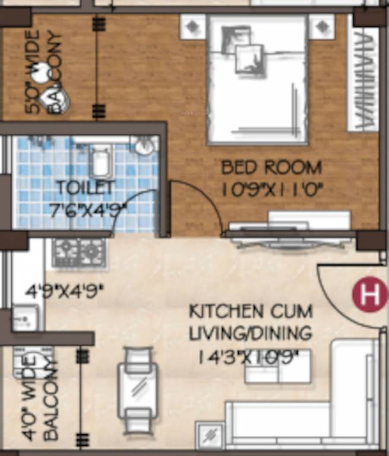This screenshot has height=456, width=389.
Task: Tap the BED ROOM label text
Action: click(271, 167)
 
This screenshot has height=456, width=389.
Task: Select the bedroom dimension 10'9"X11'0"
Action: click(271, 189)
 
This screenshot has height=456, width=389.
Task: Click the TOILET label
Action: click(85, 188)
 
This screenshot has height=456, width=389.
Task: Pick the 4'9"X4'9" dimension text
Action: click(64, 292)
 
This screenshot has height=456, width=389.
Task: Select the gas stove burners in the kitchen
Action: click(78, 253)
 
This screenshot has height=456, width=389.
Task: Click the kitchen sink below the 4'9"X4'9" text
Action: click(26, 317)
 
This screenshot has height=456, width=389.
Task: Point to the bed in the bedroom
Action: click(257, 80)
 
